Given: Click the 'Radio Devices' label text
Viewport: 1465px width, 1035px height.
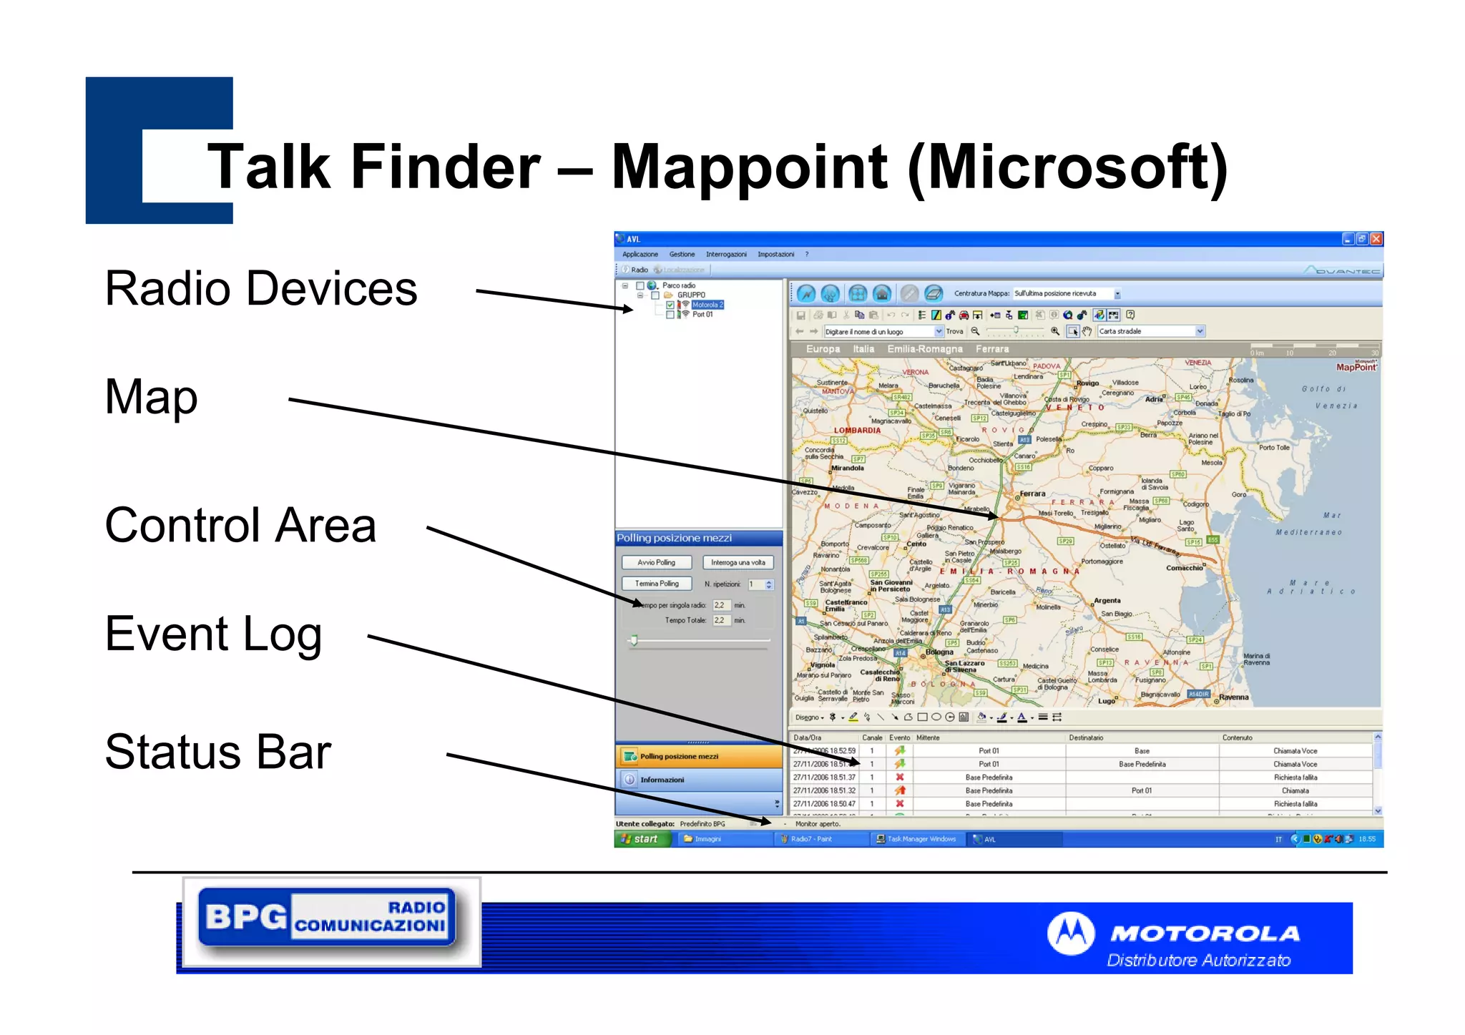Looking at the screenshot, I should [261, 288].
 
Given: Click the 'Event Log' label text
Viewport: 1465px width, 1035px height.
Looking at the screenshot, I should [213, 634].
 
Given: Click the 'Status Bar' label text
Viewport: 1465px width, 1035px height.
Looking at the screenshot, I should [218, 752].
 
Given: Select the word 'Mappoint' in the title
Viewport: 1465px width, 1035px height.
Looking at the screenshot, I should [749, 168].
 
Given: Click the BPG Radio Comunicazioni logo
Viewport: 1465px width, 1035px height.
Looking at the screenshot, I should [327, 918].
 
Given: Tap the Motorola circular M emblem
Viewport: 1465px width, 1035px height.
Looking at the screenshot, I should [1070, 933].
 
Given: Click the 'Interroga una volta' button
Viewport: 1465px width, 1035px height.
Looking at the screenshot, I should [738, 562].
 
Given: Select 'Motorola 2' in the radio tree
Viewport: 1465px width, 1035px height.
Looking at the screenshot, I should [707, 305].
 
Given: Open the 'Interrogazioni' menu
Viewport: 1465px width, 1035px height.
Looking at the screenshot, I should [725, 255].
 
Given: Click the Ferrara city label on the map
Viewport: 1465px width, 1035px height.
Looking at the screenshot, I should [1032, 494].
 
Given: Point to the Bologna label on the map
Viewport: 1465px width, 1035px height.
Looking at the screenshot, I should [939, 652].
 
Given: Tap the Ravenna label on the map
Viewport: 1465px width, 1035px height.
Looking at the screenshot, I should [1234, 697].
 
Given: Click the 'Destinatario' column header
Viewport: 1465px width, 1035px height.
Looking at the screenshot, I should [1086, 737].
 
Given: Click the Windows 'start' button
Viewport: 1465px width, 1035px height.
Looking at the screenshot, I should [641, 839].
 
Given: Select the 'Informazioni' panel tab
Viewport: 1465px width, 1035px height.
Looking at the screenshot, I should [662, 780].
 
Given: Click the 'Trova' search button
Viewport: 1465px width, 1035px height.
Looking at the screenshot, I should [954, 331].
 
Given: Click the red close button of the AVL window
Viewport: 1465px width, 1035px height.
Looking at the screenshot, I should [1376, 239].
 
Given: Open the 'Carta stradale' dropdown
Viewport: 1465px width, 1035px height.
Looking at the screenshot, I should [1200, 331].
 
